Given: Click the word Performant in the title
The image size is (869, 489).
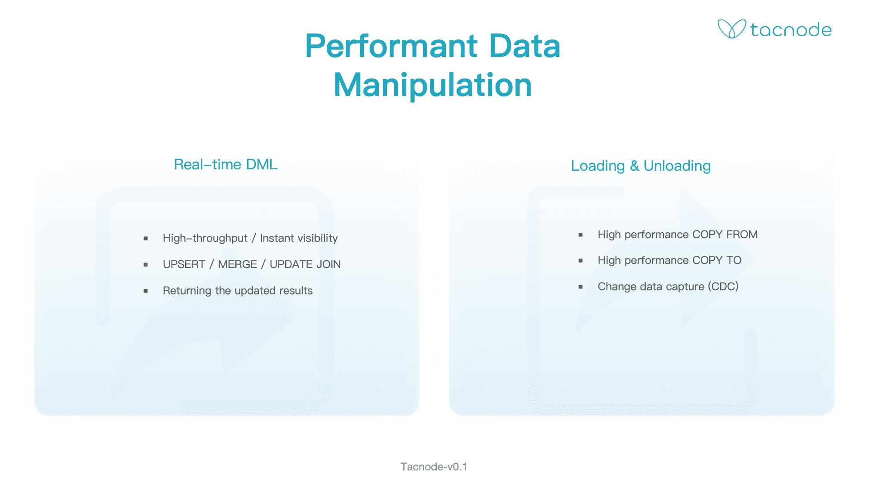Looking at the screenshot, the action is [x=392, y=46].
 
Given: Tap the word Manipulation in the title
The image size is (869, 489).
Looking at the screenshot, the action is [x=433, y=85].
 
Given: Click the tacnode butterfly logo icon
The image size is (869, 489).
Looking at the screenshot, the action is [x=731, y=29].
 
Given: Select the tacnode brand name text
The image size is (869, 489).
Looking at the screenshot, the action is [x=791, y=30].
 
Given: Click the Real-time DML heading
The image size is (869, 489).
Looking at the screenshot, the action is [x=226, y=164].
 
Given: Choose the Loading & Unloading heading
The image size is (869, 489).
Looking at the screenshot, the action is [x=641, y=166].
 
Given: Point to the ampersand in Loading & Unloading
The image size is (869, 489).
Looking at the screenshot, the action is [x=635, y=166].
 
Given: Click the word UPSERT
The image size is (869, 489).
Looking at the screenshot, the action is [x=184, y=264].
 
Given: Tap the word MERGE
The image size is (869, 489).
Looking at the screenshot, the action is [x=238, y=264].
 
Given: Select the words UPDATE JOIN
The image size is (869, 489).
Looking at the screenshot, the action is [x=305, y=264].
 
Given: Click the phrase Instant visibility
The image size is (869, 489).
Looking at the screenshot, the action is [x=299, y=238].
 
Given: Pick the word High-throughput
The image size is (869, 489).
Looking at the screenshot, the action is [x=205, y=239].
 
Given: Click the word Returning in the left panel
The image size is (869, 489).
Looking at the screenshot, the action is [x=187, y=291].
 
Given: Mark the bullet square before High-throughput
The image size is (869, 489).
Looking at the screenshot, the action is [x=146, y=238].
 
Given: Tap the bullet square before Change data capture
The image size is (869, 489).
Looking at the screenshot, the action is [x=581, y=287].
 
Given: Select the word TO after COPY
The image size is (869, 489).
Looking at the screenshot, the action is [x=734, y=260].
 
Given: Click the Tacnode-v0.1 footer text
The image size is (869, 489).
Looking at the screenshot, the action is [x=434, y=467].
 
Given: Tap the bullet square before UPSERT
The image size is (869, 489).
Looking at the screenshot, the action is [x=146, y=264].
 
